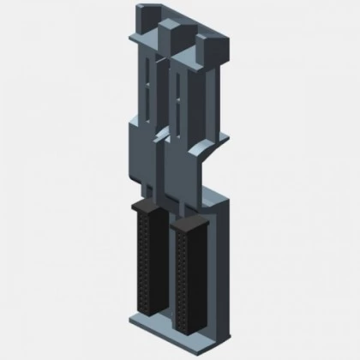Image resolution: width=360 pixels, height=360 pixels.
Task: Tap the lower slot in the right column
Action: pyautogui.click(x=178, y=116)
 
